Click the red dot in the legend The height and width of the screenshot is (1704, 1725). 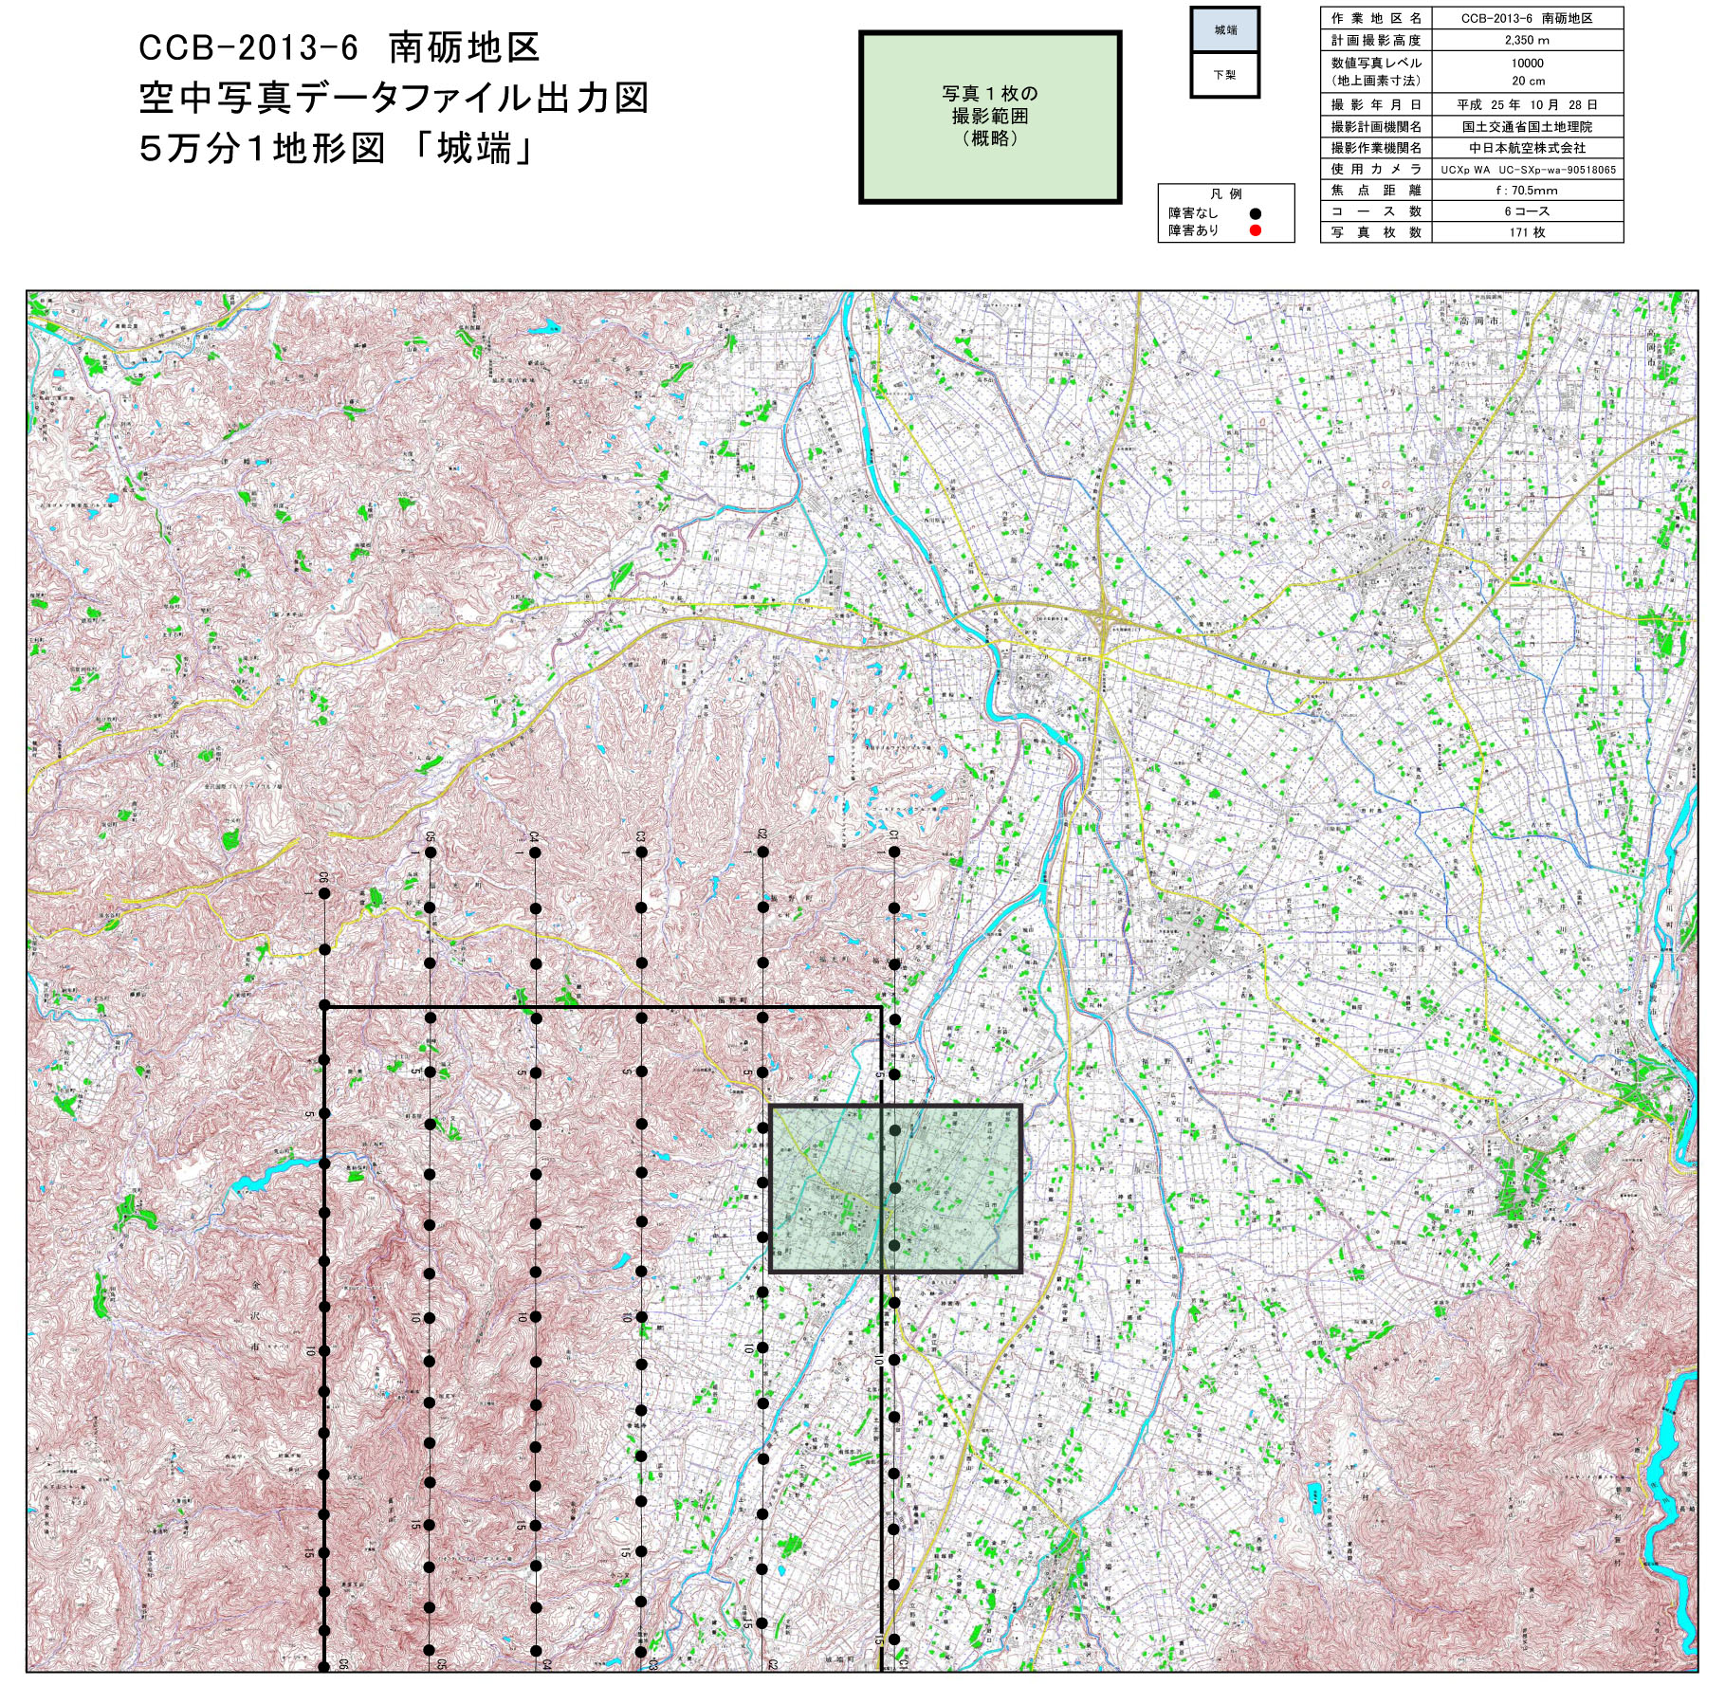click(1255, 230)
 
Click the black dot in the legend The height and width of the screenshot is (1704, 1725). click(1255, 213)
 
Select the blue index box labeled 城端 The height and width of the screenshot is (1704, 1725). click(1225, 30)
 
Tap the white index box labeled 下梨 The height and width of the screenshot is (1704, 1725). click(1225, 75)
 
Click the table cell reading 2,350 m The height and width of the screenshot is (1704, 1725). click(1527, 41)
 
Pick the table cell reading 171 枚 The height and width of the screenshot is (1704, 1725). click(1527, 232)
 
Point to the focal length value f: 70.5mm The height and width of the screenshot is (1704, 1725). click(1527, 190)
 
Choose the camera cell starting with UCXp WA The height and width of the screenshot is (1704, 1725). click(1528, 170)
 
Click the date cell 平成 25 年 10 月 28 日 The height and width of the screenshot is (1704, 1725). click(1527, 105)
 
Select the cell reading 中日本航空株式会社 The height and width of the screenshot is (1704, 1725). click(1527, 148)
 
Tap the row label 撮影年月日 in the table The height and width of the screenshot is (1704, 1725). click(1376, 105)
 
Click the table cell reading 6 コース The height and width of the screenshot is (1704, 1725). click(1527, 211)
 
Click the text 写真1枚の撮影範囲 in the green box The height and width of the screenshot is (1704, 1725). click(990, 116)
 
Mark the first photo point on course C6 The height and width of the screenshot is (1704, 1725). click(324, 893)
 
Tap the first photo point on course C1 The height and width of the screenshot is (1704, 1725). click(894, 852)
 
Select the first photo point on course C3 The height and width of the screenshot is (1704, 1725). click(642, 852)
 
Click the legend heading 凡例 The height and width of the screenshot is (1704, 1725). click(1225, 194)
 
